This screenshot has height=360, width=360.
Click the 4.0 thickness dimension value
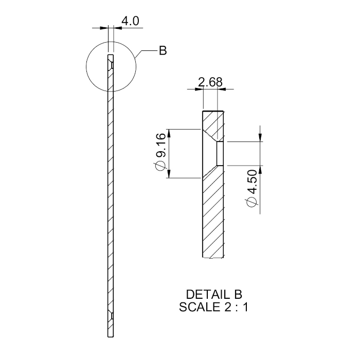130,21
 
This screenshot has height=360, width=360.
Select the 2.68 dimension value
210,83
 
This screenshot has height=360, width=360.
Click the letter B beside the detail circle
163,51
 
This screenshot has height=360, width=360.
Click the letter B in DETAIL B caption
237,295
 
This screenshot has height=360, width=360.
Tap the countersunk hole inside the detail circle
110,64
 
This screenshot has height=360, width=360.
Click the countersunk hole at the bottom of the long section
110,314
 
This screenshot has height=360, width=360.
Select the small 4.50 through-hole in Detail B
220,153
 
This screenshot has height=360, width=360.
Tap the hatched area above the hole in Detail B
212,121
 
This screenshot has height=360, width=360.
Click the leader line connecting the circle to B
147,51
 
